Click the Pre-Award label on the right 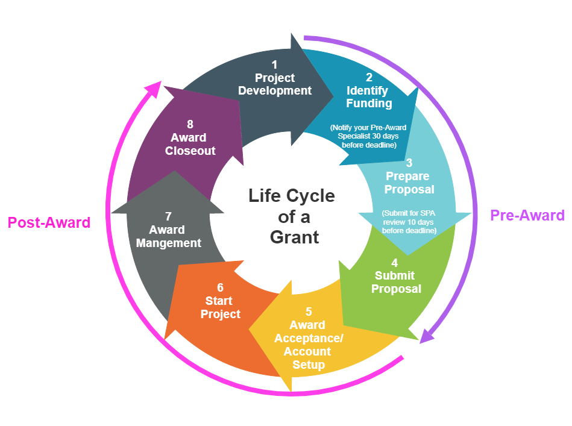(527, 215)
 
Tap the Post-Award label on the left (49, 222)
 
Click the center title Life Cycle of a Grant (292, 216)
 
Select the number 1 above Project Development (275, 64)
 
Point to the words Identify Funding (369, 97)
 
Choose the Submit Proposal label (395, 283)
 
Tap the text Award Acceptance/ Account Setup (309, 345)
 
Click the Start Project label (221, 307)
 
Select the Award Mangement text (169, 237)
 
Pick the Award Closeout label (190, 145)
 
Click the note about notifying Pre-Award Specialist (368, 136)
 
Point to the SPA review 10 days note (409, 222)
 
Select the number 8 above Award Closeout (190, 124)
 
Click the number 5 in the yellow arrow (309, 312)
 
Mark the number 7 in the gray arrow (169, 216)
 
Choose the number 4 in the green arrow (395, 263)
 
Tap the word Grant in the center (294, 237)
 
